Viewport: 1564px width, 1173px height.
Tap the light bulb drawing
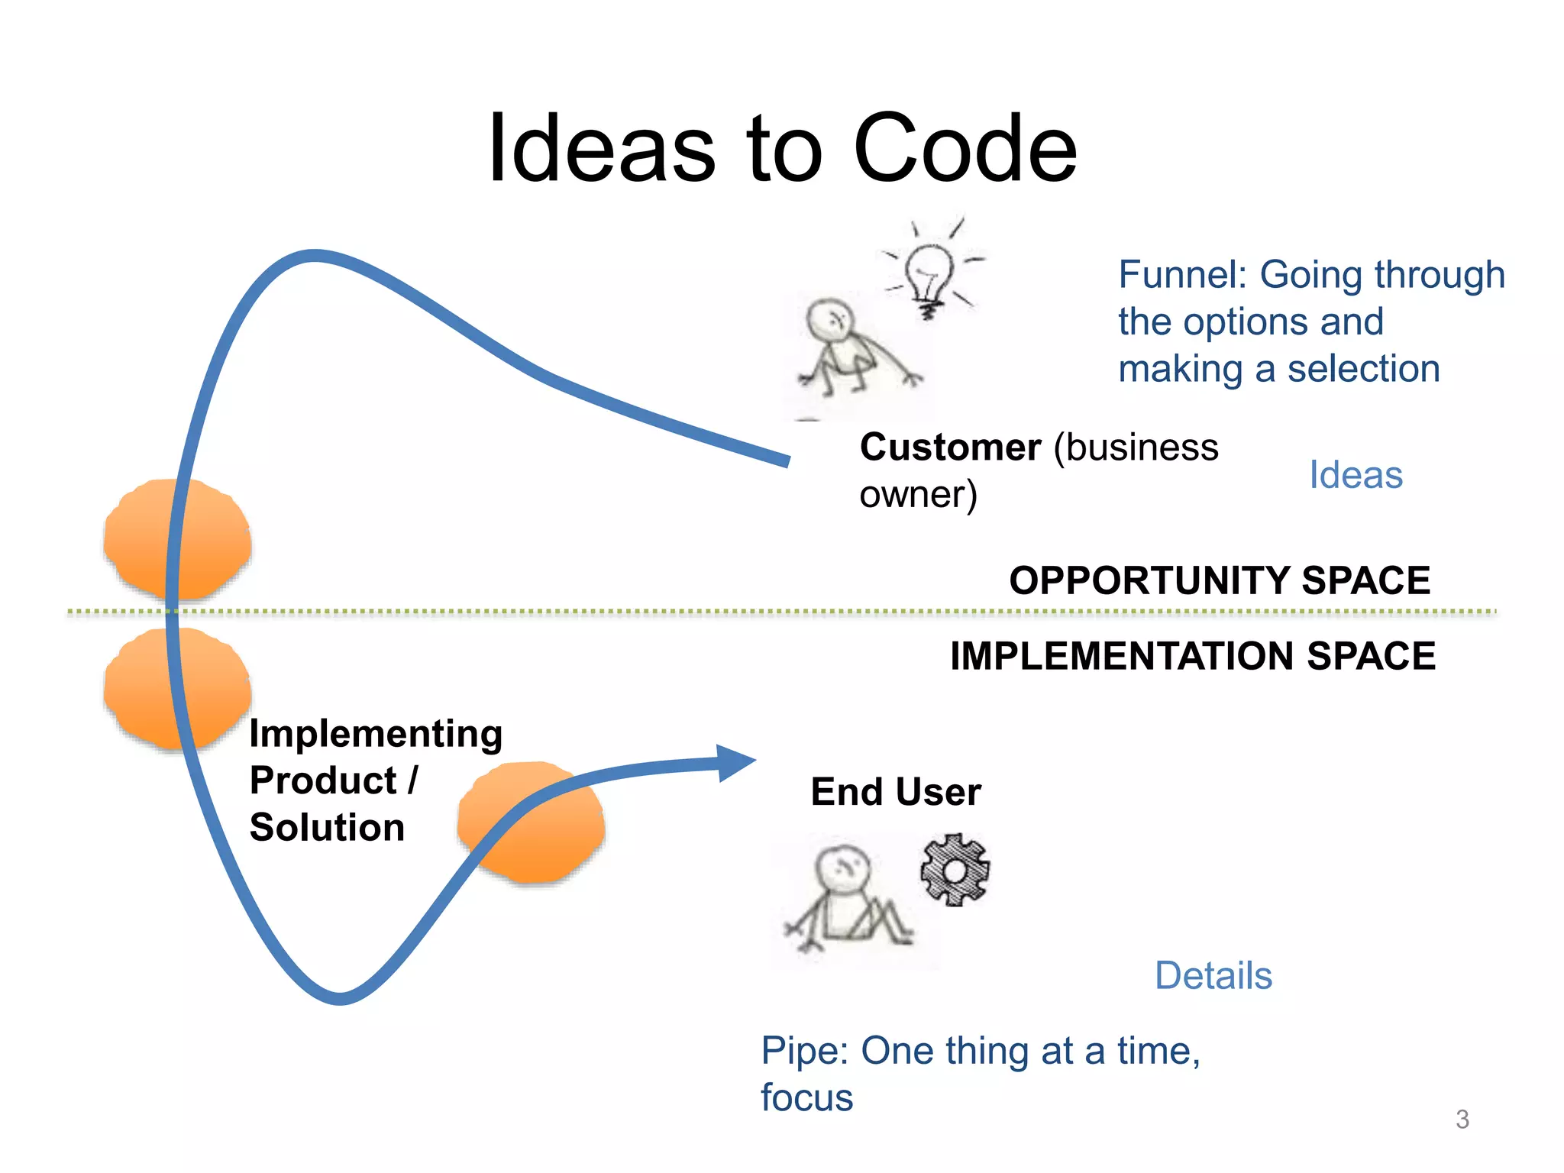pos(930,275)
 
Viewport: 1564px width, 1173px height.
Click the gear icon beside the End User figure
pos(955,871)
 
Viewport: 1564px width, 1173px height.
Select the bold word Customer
pos(950,448)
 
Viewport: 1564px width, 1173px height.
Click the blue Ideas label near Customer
pos(1356,475)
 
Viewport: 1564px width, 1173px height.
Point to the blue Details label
pos(1213,976)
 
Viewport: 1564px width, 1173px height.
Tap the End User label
pos(895,792)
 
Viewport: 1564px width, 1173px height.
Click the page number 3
pos(1462,1120)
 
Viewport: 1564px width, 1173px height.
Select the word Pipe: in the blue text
pos(804,1052)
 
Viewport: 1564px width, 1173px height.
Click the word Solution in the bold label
pos(327,828)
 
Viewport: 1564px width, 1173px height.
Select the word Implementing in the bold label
pos(376,734)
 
